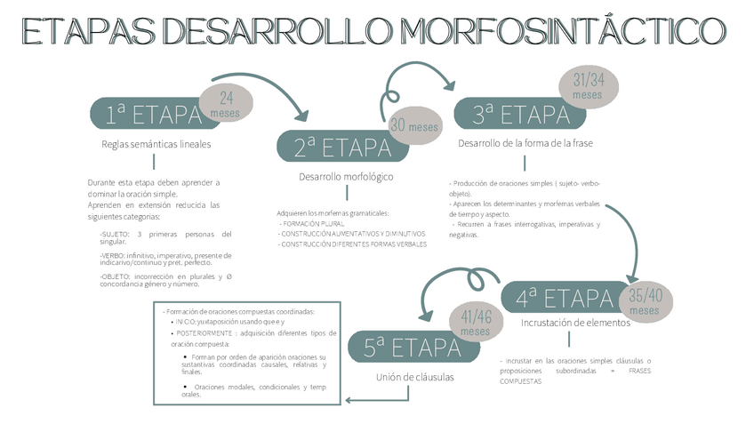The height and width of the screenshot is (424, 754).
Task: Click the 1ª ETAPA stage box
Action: coord(147,114)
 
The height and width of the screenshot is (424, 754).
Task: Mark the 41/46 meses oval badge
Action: coord(476,322)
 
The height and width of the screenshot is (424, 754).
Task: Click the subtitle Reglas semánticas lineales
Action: coord(156,144)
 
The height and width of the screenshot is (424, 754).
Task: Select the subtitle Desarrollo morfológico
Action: coord(345,177)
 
